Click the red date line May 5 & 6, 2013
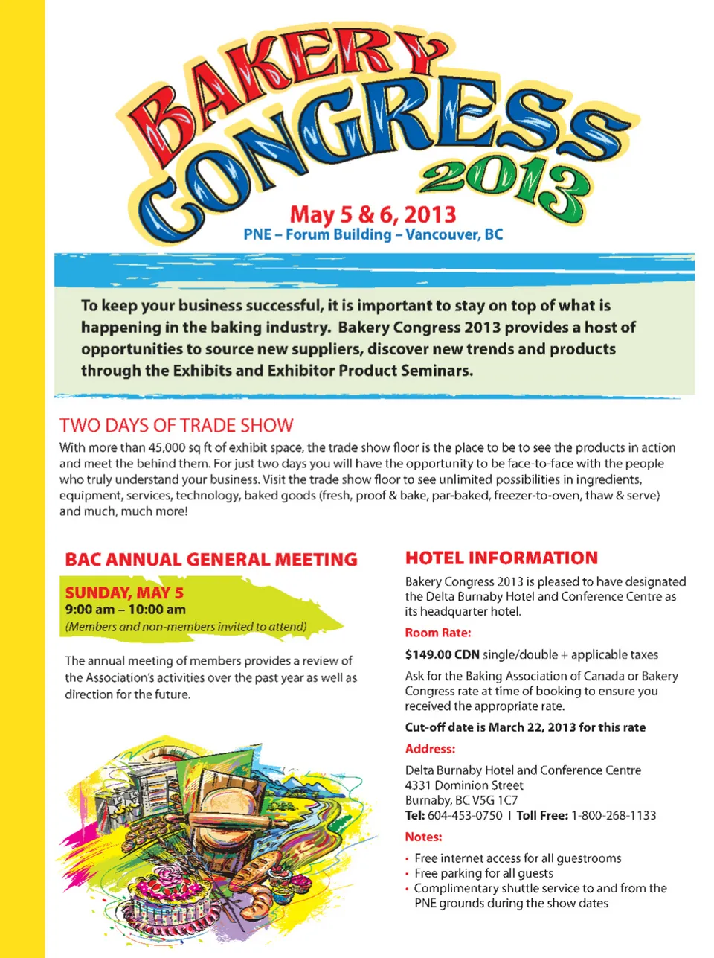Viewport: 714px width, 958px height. [x=373, y=214]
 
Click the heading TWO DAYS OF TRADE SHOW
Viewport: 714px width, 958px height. [x=176, y=425]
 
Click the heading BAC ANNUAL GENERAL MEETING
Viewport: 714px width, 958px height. [x=211, y=559]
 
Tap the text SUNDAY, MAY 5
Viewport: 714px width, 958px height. [x=124, y=593]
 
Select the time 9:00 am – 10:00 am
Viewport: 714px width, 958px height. [x=125, y=610]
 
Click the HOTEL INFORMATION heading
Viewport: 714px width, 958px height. [x=501, y=558]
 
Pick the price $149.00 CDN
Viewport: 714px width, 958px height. [x=442, y=654]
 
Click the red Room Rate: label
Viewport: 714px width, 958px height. [x=437, y=633]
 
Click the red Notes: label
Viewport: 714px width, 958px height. [x=423, y=837]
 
